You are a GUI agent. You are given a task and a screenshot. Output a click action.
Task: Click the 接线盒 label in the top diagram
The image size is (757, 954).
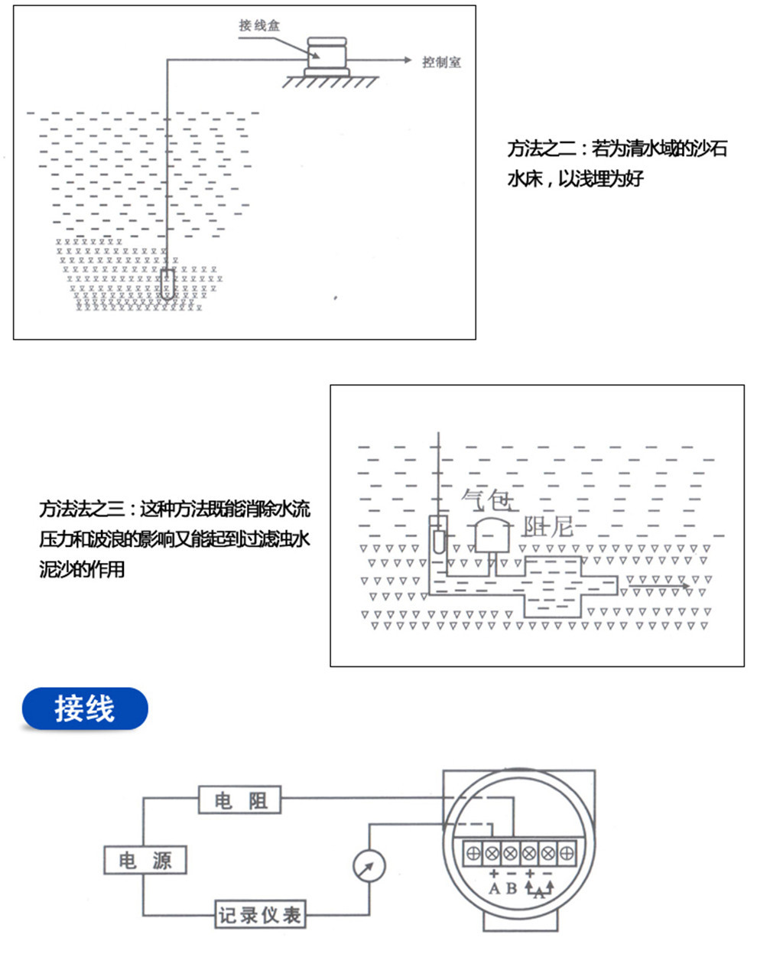pos(259,26)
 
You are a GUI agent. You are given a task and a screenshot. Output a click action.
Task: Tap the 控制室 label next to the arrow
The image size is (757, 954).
pos(442,62)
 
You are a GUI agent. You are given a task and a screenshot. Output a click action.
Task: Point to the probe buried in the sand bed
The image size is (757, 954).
pos(167,285)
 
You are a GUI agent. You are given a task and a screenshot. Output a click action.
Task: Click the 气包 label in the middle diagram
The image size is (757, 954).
pos(487,500)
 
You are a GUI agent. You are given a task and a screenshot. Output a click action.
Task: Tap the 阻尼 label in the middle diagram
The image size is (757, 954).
pos(547,526)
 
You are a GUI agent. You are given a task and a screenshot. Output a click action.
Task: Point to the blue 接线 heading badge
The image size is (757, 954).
pos(84,709)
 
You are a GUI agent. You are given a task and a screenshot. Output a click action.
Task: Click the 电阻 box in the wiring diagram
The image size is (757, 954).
pos(240,800)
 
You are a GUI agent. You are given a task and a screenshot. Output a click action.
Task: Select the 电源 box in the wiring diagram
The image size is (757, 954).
pos(145,861)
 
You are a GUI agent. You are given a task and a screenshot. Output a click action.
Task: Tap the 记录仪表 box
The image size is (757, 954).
pos(260,914)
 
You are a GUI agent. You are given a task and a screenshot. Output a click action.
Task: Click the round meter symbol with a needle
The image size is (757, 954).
pos(369,867)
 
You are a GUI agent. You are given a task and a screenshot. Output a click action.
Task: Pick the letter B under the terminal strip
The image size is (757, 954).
pos(511,889)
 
